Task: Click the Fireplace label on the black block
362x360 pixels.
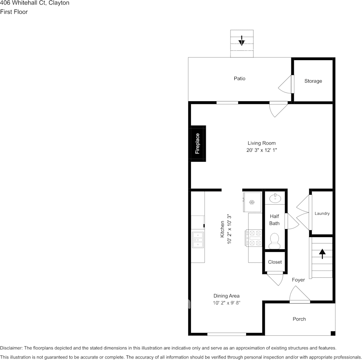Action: [197, 143]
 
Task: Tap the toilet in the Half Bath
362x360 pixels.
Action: [274, 240]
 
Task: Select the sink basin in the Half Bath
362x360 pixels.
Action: [274, 198]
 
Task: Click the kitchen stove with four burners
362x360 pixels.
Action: [253, 238]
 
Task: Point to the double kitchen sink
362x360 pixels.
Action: [198, 240]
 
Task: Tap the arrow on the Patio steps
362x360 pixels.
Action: [242, 40]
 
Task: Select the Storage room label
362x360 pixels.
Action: [313, 81]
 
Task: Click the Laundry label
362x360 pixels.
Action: [322, 213]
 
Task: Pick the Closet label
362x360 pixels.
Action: [275, 262]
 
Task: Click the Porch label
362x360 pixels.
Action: [299, 319]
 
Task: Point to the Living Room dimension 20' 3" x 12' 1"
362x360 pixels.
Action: [261, 150]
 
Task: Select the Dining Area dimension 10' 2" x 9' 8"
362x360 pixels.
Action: [226, 303]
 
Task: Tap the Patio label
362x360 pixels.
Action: [240, 78]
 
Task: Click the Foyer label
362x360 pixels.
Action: [298, 280]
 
